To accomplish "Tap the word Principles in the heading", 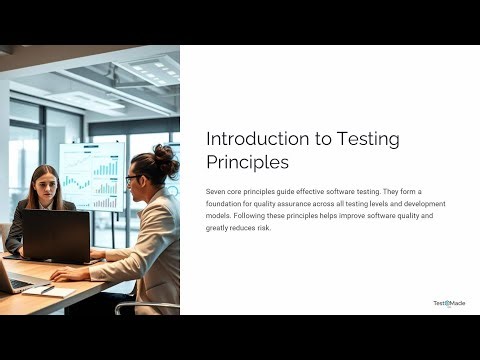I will [x=247, y=161].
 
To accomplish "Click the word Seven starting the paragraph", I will [x=216, y=190].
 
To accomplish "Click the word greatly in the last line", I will [x=219, y=228].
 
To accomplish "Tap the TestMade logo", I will [x=449, y=303].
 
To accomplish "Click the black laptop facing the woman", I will [x=56, y=236].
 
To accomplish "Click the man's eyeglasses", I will [x=132, y=179].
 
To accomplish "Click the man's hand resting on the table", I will [x=67, y=274].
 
